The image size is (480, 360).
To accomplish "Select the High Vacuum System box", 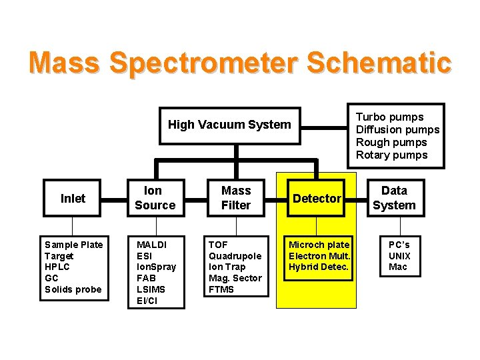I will click(229, 125).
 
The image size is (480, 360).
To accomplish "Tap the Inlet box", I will click(73, 198).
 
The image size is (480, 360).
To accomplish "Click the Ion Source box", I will click(155, 198).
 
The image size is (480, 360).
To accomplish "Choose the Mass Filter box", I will click(236, 198).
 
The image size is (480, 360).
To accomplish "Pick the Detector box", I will click(317, 198).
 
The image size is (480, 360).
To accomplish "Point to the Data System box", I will click(394, 198).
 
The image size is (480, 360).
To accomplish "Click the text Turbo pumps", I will click(389, 117).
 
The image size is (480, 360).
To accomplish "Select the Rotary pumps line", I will click(391, 155).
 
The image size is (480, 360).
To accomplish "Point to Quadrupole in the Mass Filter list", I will click(235, 256).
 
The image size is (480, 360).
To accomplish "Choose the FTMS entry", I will click(221, 289).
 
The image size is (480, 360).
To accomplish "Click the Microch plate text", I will click(319, 245).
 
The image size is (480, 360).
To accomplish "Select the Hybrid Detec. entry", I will click(319, 267).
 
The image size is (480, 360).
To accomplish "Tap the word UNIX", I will click(399, 256).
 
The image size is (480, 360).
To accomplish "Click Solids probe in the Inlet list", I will click(73, 289).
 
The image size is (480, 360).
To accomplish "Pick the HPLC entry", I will click(57, 267).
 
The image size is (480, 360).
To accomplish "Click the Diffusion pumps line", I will click(397, 130).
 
